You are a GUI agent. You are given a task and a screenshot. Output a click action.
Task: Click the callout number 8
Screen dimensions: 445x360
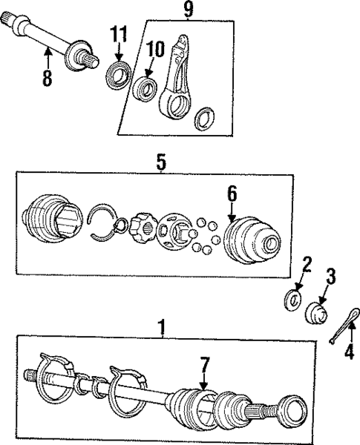(x=48, y=79)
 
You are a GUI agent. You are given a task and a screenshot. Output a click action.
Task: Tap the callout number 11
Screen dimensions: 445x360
(x=120, y=33)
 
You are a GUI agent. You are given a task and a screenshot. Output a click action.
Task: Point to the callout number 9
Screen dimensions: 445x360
(x=187, y=10)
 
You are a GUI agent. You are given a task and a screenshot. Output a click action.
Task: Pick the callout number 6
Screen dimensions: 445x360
(x=232, y=194)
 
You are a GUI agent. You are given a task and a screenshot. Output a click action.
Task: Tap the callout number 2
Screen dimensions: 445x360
(x=305, y=264)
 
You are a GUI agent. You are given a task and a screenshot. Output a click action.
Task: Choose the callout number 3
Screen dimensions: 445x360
(x=331, y=276)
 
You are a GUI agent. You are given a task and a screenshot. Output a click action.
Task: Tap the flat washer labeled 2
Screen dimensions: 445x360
(x=295, y=301)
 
